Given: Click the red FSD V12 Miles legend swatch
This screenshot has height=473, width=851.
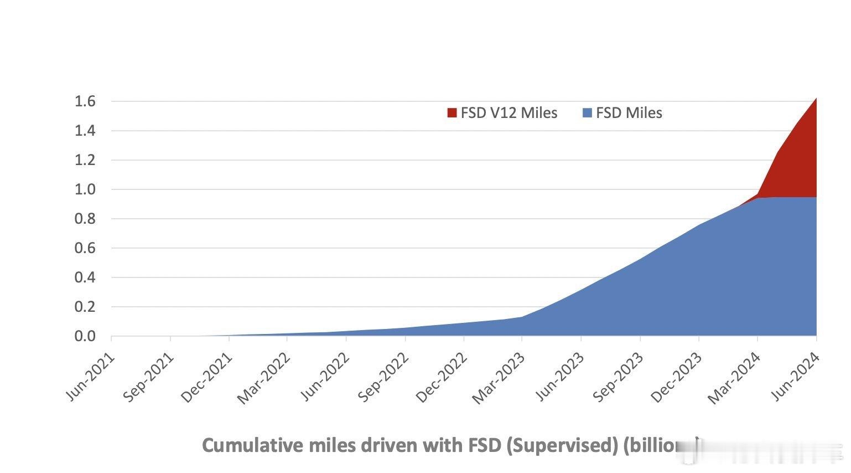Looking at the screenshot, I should pyautogui.click(x=452, y=113).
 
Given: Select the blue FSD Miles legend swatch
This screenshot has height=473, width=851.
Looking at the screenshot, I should pyautogui.click(x=587, y=113).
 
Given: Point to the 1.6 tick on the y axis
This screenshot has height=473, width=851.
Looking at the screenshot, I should pyautogui.click(x=85, y=101).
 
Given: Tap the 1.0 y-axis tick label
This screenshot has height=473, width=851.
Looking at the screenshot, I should pyautogui.click(x=85, y=189).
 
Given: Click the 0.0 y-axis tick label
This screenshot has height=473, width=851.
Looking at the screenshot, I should pyautogui.click(x=85, y=336).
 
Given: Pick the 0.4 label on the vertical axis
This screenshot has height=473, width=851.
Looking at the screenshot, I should pyautogui.click(x=85, y=277).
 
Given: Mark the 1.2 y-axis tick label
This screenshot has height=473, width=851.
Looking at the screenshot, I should pyautogui.click(x=85, y=160).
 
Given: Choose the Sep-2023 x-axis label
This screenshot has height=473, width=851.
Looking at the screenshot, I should pyautogui.click(x=619, y=378).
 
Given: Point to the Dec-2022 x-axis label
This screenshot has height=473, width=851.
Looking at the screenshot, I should pyautogui.click(x=443, y=378).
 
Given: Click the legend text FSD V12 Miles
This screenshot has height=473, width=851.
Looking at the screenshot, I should pyautogui.click(x=509, y=113).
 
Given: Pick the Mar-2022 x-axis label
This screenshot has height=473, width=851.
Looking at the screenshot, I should pyautogui.click(x=264, y=379).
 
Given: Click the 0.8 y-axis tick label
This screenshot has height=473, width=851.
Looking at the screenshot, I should pyautogui.click(x=85, y=219).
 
